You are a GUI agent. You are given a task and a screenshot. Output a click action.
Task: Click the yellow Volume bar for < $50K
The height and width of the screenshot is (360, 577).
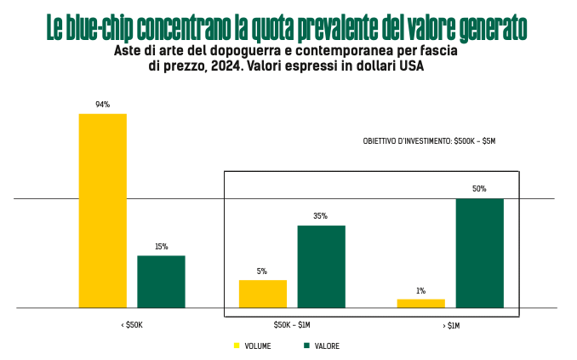(x=102, y=210)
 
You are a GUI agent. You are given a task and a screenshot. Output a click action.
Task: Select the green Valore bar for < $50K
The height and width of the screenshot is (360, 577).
(x=161, y=281)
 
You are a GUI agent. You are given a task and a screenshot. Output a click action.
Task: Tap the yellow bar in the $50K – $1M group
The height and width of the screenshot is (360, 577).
(x=262, y=294)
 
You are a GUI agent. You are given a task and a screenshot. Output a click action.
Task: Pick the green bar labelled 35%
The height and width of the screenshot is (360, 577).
(x=321, y=266)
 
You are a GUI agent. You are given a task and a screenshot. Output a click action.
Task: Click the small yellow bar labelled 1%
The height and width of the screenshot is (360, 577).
(x=420, y=303)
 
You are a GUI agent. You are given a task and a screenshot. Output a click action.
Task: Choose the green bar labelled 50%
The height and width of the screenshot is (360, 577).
(x=479, y=253)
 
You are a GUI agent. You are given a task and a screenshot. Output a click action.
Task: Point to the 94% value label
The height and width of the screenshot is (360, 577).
(x=102, y=105)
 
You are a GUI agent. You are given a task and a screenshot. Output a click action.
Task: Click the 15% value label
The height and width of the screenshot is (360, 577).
(x=161, y=247)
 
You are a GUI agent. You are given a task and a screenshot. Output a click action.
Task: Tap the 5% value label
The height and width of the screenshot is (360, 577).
(x=262, y=271)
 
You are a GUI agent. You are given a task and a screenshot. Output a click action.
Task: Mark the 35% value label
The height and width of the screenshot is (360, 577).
(x=321, y=216)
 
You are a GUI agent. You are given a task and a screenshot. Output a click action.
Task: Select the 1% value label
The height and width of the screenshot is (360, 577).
(x=420, y=291)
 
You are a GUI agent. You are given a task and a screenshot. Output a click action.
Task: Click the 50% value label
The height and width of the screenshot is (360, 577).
(x=479, y=189)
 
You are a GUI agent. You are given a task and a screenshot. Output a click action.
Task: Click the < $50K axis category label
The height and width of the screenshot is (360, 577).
(x=132, y=325)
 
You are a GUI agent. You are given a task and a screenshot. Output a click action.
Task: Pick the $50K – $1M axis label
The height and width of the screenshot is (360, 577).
(x=292, y=325)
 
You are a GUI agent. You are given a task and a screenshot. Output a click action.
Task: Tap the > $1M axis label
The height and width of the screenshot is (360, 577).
(x=450, y=325)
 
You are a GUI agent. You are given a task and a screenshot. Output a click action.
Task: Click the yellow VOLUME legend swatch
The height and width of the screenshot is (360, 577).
(x=237, y=346)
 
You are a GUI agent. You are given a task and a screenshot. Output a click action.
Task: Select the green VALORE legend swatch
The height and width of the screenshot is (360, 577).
(x=306, y=346)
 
